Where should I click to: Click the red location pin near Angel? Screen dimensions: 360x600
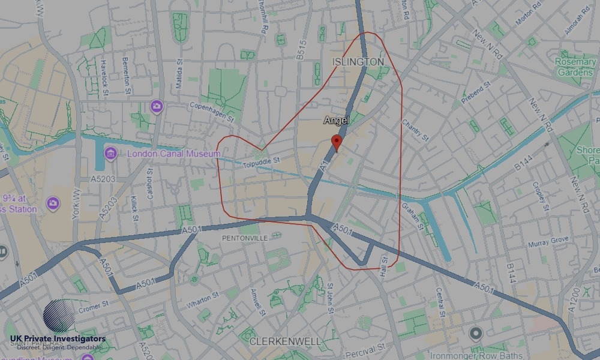point(337,143)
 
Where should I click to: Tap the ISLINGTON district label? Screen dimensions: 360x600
point(358,62)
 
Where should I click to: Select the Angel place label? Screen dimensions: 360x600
point(337,121)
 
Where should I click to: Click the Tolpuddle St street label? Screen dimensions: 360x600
point(263,161)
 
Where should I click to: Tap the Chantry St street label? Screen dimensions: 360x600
point(416,130)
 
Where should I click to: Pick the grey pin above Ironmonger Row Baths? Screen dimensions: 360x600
point(476,333)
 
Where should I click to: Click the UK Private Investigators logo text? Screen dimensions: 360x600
point(58,339)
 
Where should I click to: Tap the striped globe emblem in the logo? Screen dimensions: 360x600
point(59,316)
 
